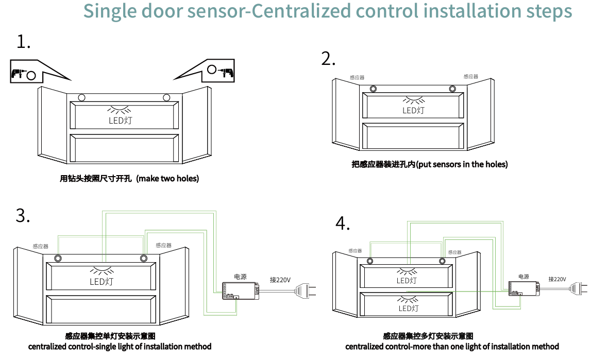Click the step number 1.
coord(23,41)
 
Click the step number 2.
coord(328,59)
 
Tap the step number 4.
coord(343,223)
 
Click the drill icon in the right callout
coord(226,71)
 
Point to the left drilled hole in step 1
coord(81,97)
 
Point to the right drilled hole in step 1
coord(166,97)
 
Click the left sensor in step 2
coord(373,89)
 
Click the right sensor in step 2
coord(452,89)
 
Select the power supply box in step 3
coord(240,289)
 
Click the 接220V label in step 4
coord(557,279)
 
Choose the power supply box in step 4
coord(522,288)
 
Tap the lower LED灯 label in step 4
coord(408,308)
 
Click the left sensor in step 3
coord(58,257)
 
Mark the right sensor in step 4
coord(442,261)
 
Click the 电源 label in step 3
coord(240,277)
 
